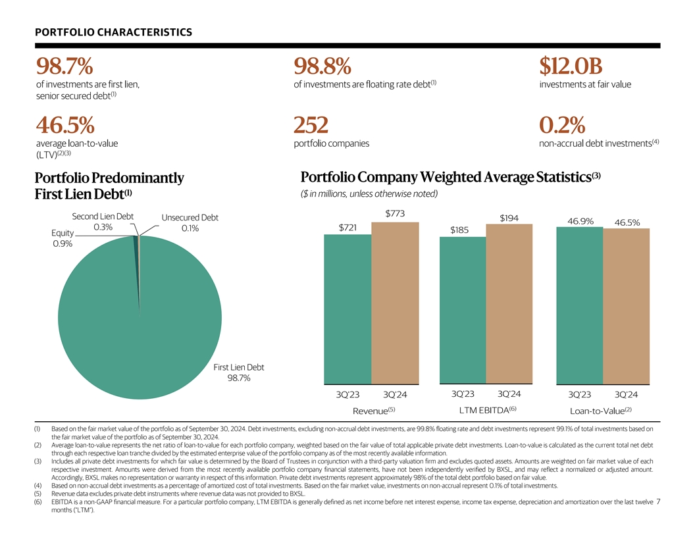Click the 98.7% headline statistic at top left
pos(64,66)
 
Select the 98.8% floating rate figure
pos(322,66)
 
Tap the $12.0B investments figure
pos(571,66)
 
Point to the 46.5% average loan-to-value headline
pos(65,125)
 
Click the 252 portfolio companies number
pos(310,125)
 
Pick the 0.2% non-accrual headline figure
pos(562,125)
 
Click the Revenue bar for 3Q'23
pos(347,309)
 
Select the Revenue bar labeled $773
pos(395,303)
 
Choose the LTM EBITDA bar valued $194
pos(509,304)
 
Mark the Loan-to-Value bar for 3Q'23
pos(579,306)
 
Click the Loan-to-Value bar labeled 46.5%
pos(626,307)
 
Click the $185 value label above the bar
pos(459,230)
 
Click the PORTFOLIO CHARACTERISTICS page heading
pos(114,32)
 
